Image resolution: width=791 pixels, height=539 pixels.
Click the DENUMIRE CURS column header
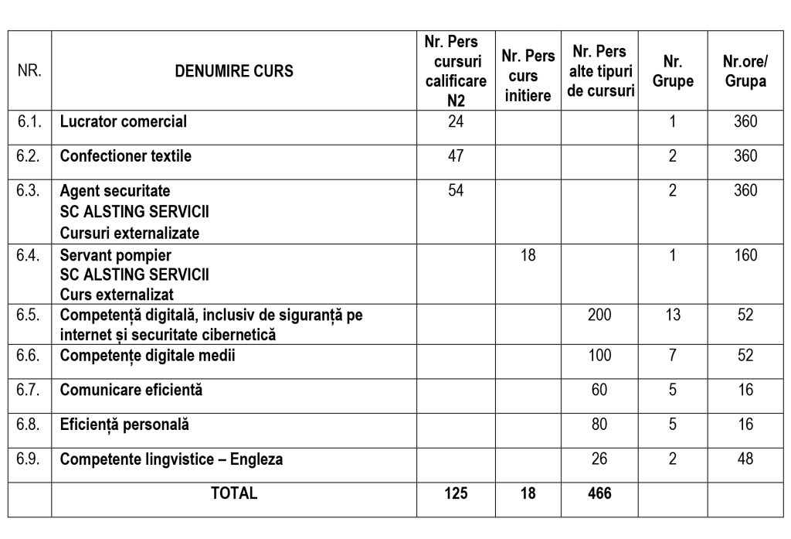(x=234, y=71)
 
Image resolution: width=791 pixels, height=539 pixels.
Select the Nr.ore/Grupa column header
(x=745, y=71)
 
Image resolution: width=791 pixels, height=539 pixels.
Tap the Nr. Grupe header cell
(x=673, y=71)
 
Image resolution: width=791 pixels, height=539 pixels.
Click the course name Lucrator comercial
(x=124, y=121)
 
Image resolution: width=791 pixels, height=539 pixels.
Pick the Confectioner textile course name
(x=126, y=156)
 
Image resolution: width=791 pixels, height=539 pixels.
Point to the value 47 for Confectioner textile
(x=456, y=156)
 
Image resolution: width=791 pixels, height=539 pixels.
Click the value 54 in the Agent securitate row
(x=456, y=190)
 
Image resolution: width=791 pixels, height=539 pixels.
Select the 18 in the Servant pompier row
(x=528, y=255)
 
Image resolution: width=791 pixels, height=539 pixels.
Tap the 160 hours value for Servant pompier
(x=745, y=255)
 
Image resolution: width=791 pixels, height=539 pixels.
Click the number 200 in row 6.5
(x=599, y=316)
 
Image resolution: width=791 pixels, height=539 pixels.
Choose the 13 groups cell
(x=673, y=316)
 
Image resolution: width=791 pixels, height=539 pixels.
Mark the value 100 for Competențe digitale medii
(x=599, y=356)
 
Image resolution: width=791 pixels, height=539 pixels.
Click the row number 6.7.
(x=29, y=390)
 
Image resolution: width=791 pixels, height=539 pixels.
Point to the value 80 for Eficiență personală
(x=599, y=425)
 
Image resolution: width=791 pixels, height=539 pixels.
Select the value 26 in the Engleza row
(x=599, y=459)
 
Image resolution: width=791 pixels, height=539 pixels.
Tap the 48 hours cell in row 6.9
(x=745, y=459)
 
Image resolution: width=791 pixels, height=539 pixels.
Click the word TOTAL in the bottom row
(x=234, y=493)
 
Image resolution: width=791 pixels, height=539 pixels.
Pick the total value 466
(x=599, y=493)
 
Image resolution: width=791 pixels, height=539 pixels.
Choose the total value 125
(x=456, y=493)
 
